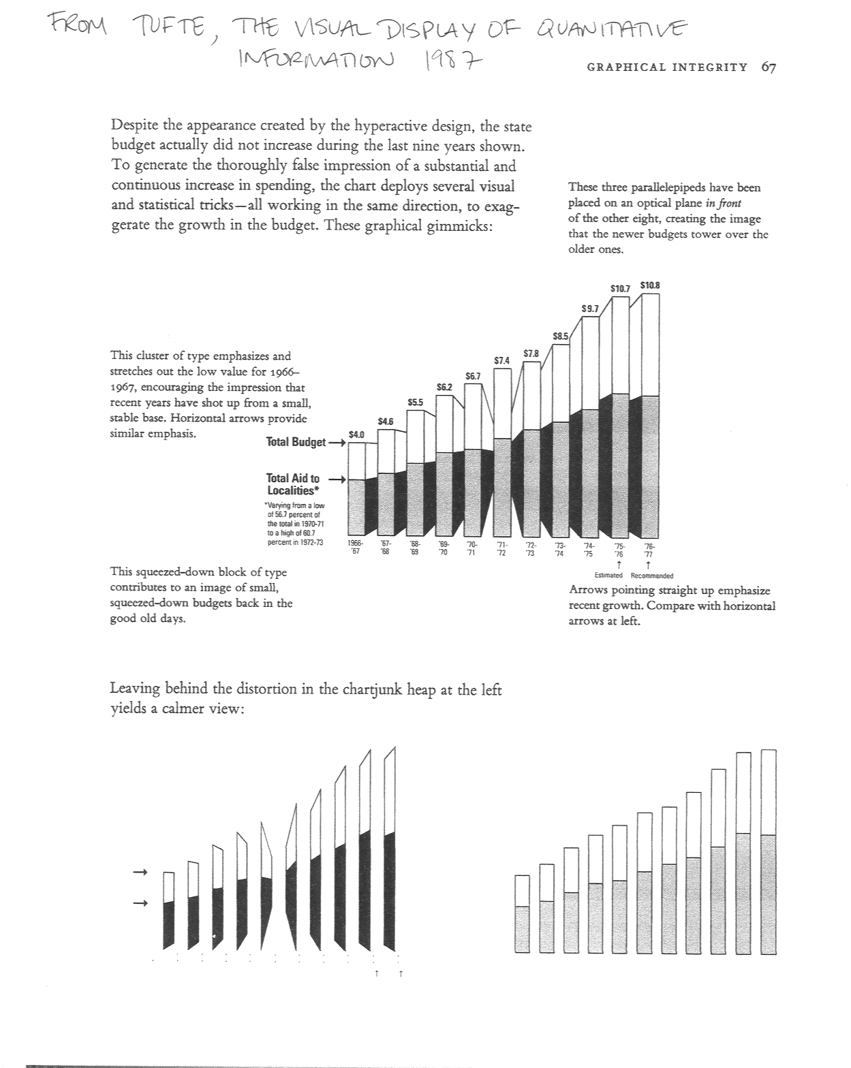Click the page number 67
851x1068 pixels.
pyautogui.click(x=769, y=67)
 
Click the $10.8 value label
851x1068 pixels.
pyautogui.click(x=649, y=285)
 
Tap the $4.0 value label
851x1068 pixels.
pyautogui.click(x=356, y=434)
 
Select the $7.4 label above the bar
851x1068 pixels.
pyautogui.click(x=501, y=360)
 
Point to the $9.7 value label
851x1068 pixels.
pyautogui.click(x=589, y=309)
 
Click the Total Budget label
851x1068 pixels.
pyautogui.click(x=296, y=442)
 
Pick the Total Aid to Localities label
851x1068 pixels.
pyautogui.click(x=293, y=484)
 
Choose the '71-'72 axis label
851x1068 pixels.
pyautogui.click(x=501, y=549)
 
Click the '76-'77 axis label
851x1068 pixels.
pyautogui.click(x=649, y=549)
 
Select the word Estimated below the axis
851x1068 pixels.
pyautogui.click(x=608, y=576)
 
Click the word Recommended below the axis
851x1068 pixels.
pyautogui.click(x=652, y=576)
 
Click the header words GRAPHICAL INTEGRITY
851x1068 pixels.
pyautogui.click(x=666, y=67)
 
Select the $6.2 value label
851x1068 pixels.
pyautogui.click(x=444, y=386)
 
